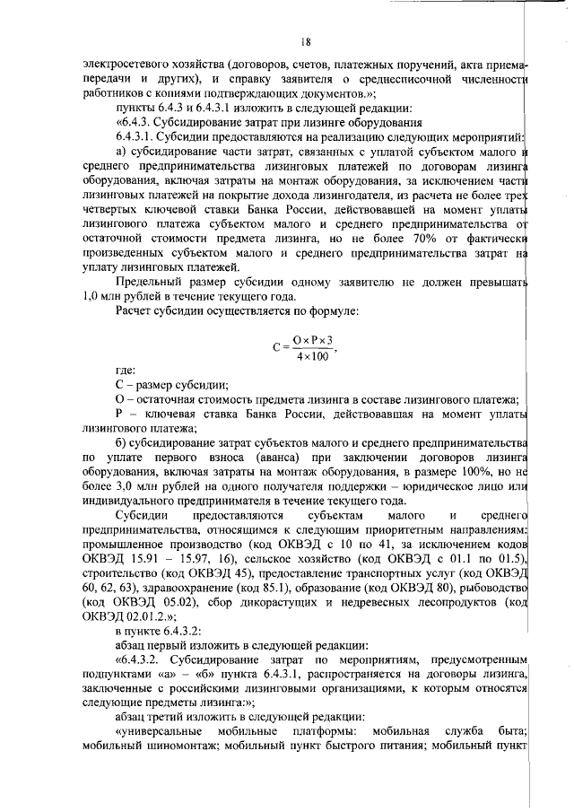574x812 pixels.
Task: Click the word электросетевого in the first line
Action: tap(120, 65)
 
